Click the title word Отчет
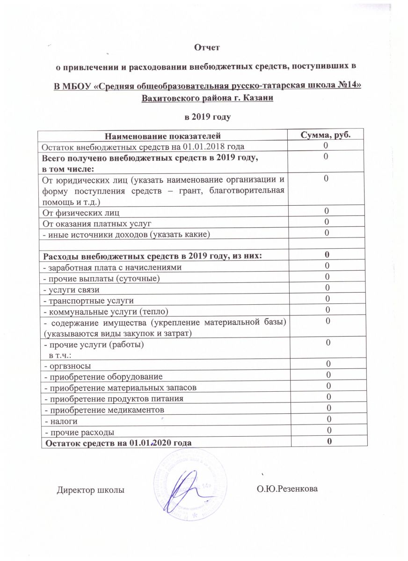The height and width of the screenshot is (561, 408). pos(206,47)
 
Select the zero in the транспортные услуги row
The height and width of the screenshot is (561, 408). pos(328,299)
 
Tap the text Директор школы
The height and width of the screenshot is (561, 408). pos(91,490)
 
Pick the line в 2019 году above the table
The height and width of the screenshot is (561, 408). pos(207,115)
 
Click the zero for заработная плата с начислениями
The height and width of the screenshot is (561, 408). pos(328,266)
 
